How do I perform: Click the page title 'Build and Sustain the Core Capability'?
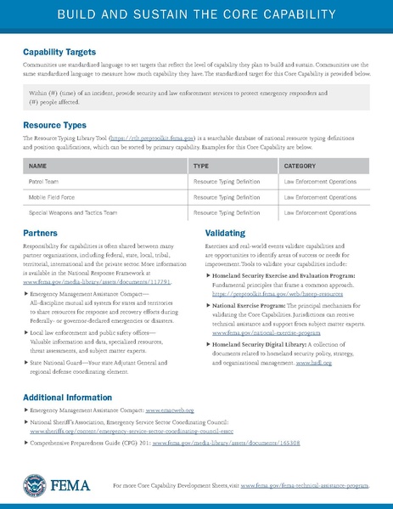(x=196, y=17)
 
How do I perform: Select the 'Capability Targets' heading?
(x=59, y=52)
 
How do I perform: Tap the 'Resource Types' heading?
(x=53, y=125)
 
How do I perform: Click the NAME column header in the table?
(x=38, y=166)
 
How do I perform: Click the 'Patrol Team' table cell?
(x=45, y=181)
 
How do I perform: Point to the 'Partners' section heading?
(x=41, y=232)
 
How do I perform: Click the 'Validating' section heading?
(x=225, y=232)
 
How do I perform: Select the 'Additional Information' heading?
(x=67, y=398)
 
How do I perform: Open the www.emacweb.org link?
(x=176, y=410)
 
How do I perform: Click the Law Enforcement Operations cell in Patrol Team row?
(x=320, y=181)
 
